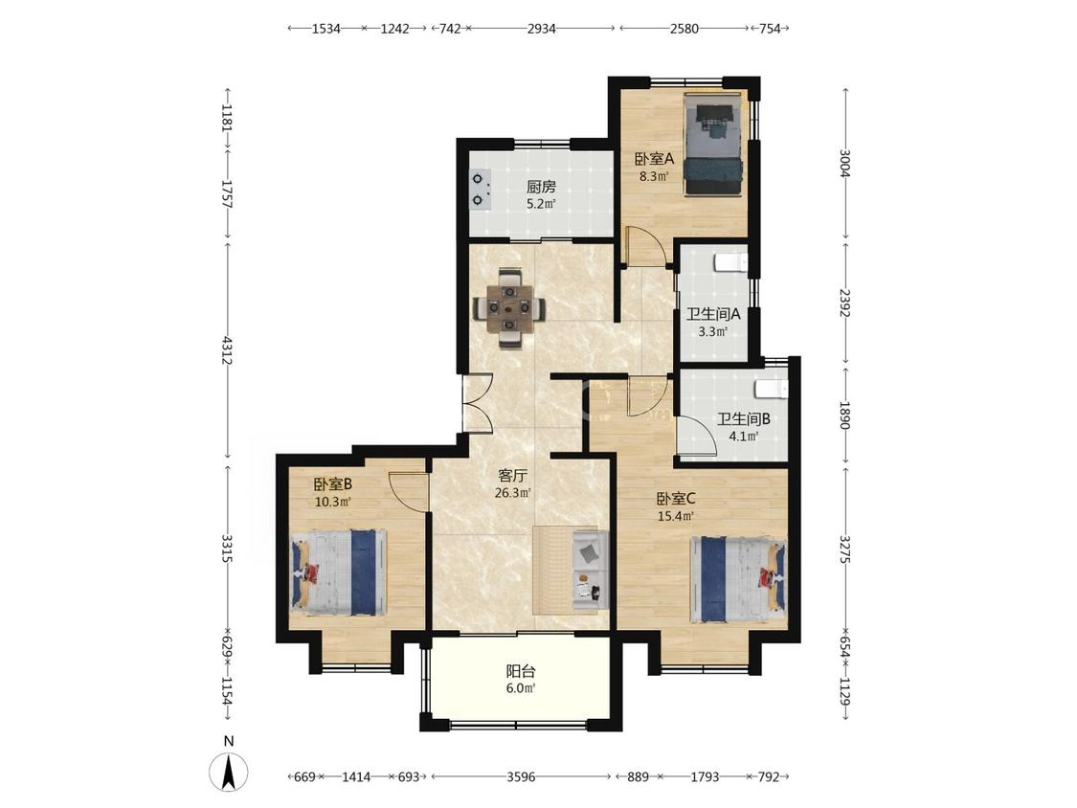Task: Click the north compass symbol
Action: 229,771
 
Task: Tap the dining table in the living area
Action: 509,308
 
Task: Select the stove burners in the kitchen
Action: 480,190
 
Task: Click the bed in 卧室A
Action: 713,145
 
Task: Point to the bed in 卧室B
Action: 339,572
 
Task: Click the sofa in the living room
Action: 590,571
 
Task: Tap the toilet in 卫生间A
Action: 730,261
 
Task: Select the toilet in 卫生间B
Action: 772,389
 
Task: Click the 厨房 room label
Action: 541,186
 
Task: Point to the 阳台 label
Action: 521,671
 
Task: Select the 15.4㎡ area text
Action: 676,516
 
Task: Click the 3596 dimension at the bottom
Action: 521,777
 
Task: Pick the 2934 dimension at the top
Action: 541,28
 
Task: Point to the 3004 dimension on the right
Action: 845,164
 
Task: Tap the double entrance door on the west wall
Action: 478,403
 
